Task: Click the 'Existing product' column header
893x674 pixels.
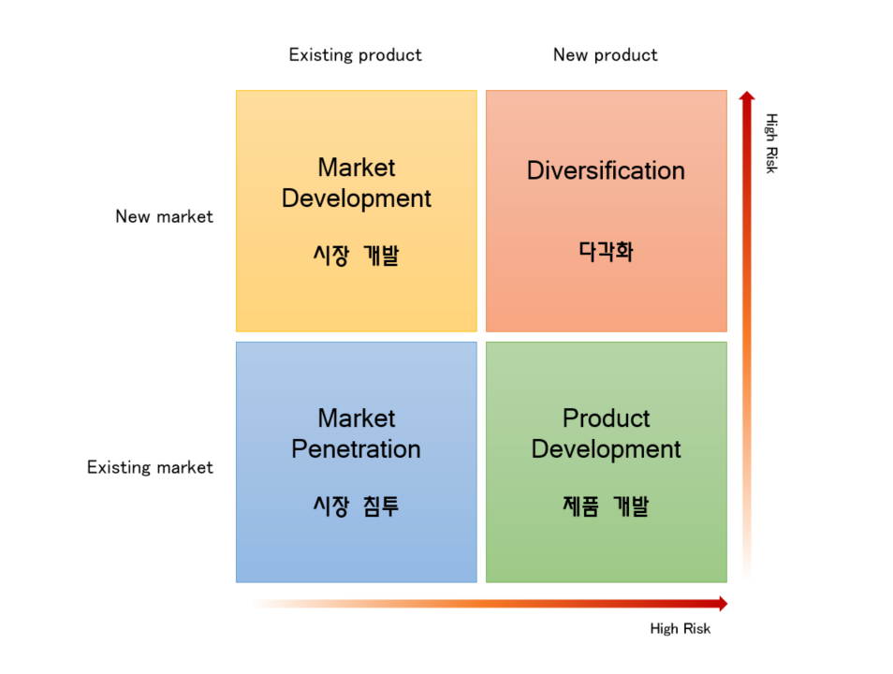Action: tap(356, 55)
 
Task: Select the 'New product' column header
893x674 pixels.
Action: tap(606, 55)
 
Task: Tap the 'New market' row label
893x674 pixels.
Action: tap(164, 216)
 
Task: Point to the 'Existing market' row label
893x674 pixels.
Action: tap(150, 467)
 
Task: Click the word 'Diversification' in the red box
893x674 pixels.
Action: tap(606, 170)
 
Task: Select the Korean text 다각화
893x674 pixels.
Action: tap(606, 251)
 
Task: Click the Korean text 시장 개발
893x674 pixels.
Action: tap(356, 255)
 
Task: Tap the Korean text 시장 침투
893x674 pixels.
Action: tap(356, 505)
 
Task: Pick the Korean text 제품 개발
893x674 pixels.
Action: tap(606, 505)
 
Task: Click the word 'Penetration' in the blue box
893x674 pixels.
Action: tap(356, 449)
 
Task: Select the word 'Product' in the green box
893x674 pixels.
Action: tap(606, 418)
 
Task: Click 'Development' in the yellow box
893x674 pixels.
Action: tap(356, 198)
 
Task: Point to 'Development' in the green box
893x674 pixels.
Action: tap(606, 449)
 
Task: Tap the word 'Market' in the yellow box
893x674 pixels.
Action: tap(356, 168)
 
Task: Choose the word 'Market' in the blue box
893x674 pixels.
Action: tap(356, 418)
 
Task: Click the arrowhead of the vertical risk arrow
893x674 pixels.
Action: tap(747, 95)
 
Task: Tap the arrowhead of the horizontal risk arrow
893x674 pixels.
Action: tap(724, 604)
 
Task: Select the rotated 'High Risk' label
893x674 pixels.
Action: tap(771, 143)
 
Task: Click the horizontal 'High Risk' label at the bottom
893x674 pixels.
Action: tap(680, 628)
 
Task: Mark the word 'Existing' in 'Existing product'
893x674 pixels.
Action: tap(321, 54)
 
